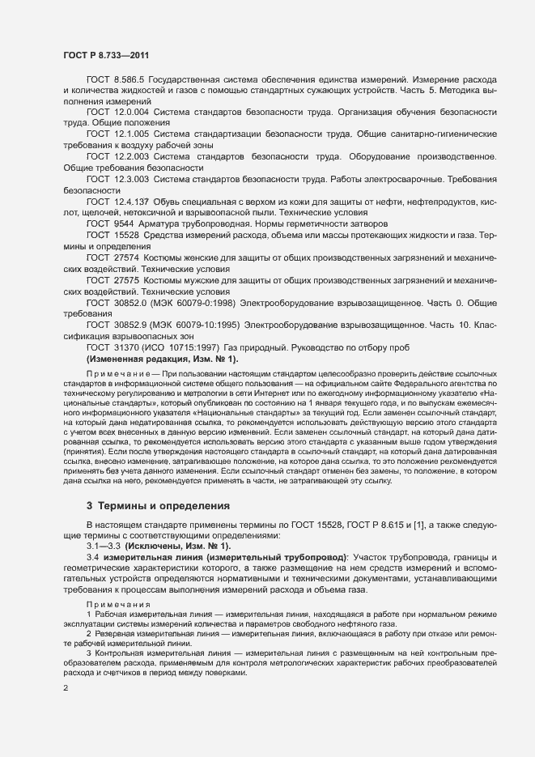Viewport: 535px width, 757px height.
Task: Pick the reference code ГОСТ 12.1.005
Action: (x=115, y=134)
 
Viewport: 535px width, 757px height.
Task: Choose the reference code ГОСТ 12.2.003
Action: (x=115, y=155)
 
